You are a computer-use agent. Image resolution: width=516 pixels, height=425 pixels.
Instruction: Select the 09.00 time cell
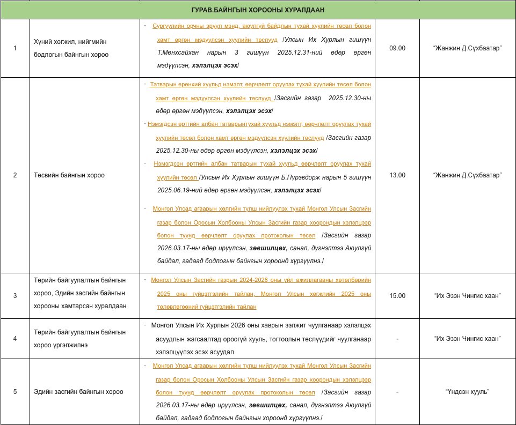pos(397,48)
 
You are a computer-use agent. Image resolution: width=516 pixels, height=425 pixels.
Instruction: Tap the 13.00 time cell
pos(397,175)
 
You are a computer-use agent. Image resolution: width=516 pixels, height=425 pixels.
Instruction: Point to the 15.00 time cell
pos(397,296)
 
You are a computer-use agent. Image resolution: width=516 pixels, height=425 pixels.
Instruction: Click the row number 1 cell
pos(15,48)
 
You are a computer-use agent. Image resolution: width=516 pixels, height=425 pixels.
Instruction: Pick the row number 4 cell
pos(15,339)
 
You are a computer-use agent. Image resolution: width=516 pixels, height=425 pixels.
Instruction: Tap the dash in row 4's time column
pos(397,339)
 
